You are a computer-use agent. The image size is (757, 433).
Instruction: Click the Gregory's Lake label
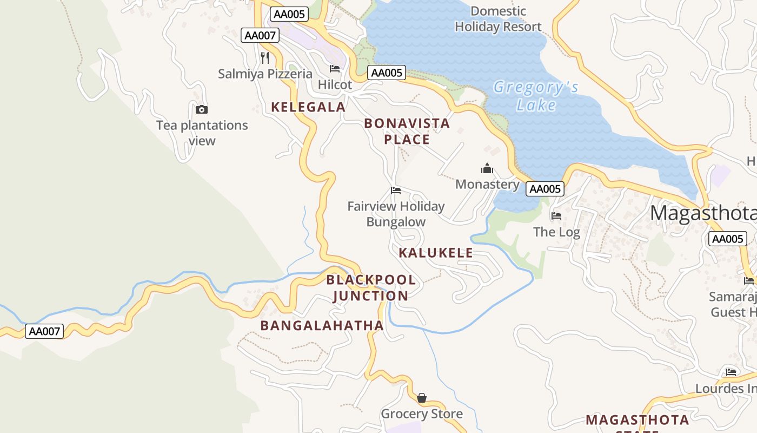click(536, 96)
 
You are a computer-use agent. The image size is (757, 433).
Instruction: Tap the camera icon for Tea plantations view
click(202, 109)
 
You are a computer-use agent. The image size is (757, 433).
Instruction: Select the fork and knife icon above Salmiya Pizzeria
click(265, 57)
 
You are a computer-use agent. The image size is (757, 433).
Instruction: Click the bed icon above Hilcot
click(335, 69)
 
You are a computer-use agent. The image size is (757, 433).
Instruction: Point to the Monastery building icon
click(487, 168)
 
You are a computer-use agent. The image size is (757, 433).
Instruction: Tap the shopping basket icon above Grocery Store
click(422, 398)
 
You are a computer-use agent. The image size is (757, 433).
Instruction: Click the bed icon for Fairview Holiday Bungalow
click(396, 191)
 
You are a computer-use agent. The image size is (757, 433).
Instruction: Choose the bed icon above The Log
click(556, 216)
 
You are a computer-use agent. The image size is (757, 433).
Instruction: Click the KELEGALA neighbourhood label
click(308, 107)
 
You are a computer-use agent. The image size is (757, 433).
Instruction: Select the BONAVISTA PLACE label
click(407, 132)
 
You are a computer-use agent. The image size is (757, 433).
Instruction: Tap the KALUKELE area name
click(436, 253)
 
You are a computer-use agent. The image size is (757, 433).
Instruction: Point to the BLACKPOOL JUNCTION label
click(371, 288)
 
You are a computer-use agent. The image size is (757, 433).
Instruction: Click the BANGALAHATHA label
click(322, 326)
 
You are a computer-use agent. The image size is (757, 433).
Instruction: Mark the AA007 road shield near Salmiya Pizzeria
click(260, 36)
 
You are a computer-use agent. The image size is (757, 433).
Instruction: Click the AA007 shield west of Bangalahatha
click(44, 331)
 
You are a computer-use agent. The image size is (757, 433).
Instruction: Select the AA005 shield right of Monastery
click(545, 189)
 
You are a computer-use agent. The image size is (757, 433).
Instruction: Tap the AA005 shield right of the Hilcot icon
click(387, 73)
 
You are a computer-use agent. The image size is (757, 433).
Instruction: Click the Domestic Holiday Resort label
click(498, 19)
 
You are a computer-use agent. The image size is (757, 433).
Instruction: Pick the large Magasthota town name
click(703, 213)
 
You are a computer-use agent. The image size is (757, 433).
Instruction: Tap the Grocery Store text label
click(422, 414)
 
